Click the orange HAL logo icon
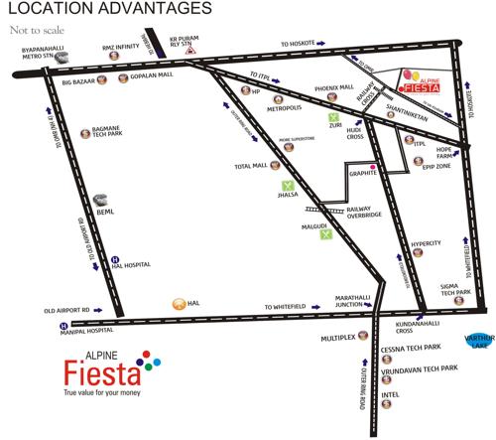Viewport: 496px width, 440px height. pos(180,302)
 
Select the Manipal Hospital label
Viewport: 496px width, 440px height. pos(35,333)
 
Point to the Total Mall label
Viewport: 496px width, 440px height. pos(252,167)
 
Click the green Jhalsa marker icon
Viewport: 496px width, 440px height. pos(289,185)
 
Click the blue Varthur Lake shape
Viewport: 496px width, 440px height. pos(479,341)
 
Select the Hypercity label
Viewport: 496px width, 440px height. pos(427,242)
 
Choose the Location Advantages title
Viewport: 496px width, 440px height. pos(108,9)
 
